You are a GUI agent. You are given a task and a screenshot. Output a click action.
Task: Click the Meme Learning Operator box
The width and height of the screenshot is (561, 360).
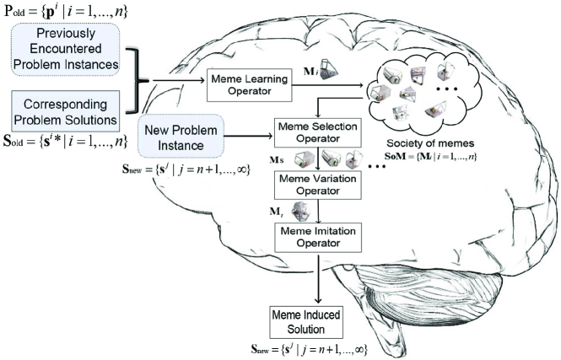point(250,85)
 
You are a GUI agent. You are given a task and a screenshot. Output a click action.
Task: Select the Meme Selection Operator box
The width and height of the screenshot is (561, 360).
point(318,132)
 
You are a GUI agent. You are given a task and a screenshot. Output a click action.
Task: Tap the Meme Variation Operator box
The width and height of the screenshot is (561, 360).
point(318,185)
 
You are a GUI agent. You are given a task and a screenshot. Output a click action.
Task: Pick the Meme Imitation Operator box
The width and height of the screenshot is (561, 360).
point(318,238)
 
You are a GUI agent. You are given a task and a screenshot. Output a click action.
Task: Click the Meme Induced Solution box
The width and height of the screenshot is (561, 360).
point(306,322)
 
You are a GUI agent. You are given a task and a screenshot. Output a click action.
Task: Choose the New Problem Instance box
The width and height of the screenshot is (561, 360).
point(181,137)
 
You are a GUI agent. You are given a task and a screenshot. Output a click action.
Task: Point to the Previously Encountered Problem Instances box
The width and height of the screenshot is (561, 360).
point(66,49)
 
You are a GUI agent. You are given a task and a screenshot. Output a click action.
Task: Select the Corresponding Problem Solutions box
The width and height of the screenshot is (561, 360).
point(66,111)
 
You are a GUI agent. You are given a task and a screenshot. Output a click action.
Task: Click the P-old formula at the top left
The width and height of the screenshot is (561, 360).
point(66,11)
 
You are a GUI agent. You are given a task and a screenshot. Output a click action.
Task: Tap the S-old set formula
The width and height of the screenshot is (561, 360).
point(66,142)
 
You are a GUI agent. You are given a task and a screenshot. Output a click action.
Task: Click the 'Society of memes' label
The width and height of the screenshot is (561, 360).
point(430,143)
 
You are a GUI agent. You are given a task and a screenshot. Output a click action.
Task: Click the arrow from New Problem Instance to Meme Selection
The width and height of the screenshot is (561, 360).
point(249,137)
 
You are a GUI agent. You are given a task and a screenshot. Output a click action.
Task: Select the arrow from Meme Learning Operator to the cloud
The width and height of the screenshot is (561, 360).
point(327,85)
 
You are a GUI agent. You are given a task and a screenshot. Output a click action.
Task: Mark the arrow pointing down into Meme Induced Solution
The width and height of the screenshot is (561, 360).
point(318,278)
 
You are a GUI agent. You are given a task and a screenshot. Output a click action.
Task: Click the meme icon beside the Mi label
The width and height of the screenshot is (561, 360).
point(329,69)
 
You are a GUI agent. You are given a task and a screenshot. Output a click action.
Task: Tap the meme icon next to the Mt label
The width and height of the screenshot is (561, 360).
point(301,212)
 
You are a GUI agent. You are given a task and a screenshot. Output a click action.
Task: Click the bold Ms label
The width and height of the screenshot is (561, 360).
point(277,160)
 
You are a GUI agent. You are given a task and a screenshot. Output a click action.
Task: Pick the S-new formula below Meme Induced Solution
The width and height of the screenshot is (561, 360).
point(309,348)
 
